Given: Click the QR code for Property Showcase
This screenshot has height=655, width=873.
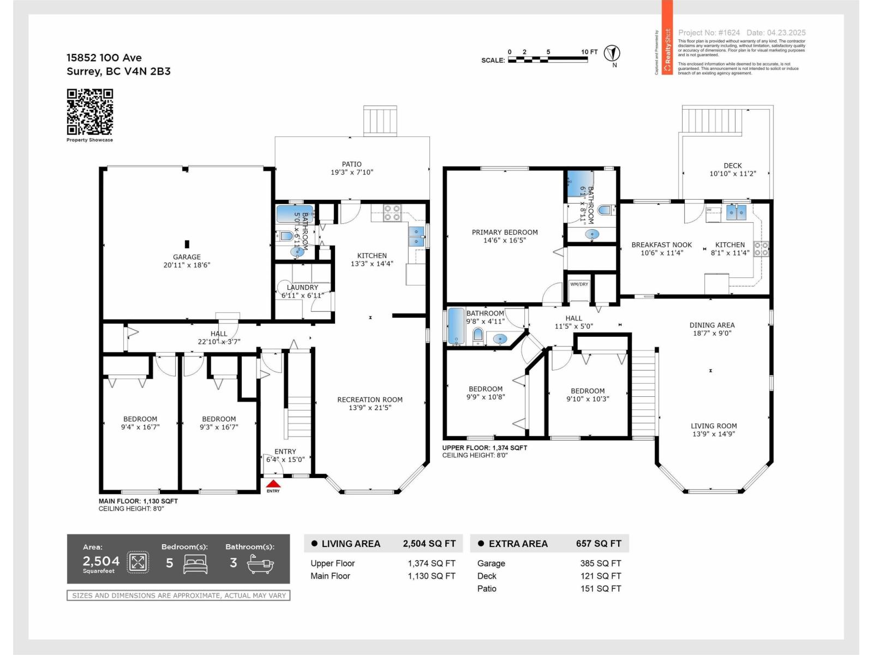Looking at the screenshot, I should click(x=89, y=111).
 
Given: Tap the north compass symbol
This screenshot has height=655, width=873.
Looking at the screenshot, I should click(x=614, y=53).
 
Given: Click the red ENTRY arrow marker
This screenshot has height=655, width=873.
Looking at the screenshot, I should click(x=273, y=484).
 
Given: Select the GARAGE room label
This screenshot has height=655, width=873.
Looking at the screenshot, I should click(x=187, y=261).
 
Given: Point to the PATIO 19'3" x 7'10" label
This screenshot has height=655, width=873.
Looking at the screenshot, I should click(x=352, y=168).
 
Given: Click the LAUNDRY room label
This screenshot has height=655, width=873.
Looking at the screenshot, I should click(x=302, y=291).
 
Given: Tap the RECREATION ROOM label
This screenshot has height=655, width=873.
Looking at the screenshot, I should click(x=370, y=403).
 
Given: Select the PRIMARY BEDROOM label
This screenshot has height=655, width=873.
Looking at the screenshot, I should click(x=505, y=236).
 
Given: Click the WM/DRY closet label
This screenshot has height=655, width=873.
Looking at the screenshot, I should click(x=579, y=284).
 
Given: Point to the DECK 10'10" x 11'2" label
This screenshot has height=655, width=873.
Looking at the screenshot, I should click(x=733, y=169).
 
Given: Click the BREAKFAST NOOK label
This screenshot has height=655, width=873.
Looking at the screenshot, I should click(x=661, y=249).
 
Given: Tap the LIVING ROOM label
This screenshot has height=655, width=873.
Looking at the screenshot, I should click(x=714, y=430).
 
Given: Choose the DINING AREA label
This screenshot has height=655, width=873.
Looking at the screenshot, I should click(x=712, y=329).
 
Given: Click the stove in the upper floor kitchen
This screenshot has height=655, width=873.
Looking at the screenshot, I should click(x=762, y=249).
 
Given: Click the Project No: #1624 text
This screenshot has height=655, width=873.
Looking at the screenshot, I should click(x=709, y=33).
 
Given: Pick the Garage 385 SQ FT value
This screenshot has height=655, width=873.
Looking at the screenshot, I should click(x=600, y=563).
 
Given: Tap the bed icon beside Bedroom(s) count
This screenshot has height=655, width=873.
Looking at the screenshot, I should click(x=195, y=563).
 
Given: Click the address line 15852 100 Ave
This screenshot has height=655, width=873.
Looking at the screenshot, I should click(x=104, y=58).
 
